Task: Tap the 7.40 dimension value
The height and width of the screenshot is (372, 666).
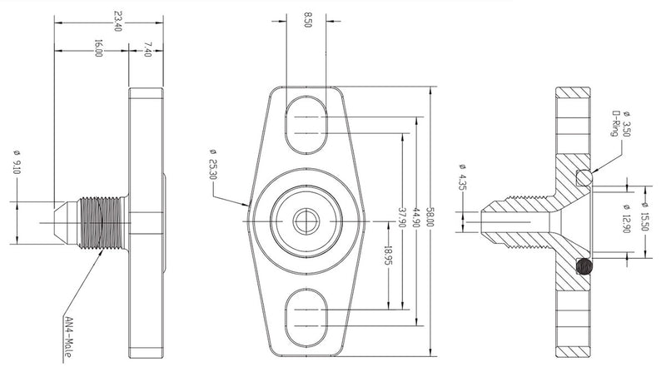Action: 147,48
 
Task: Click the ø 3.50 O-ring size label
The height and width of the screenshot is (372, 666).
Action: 625,127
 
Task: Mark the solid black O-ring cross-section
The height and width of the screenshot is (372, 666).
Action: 585,266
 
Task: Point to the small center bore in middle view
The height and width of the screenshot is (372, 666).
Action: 304,220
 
